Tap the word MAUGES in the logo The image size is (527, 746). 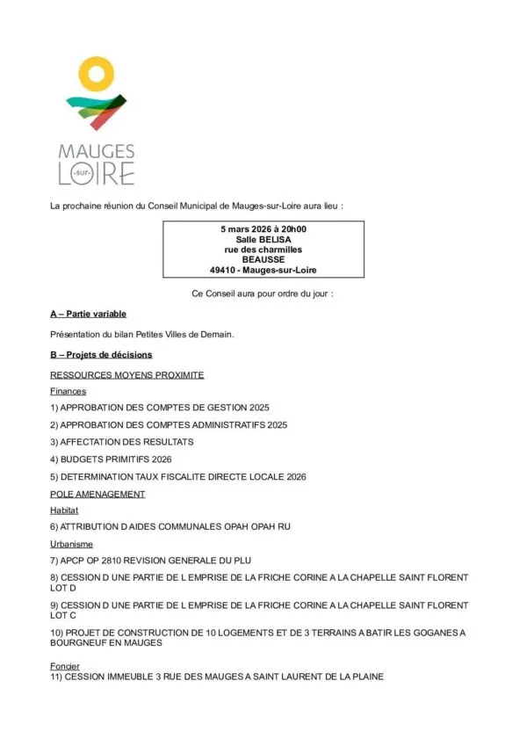[96, 152]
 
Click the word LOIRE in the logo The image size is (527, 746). [96, 173]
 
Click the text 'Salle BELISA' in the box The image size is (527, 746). [263, 239]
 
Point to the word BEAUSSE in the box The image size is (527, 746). [263, 259]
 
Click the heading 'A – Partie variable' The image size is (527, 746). [88, 314]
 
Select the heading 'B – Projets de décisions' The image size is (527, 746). [101, 355]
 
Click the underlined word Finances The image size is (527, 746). [69, 391]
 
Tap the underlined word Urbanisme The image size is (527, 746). [72, 545]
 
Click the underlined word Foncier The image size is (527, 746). [65, 667]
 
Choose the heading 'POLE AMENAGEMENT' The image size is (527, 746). [97, 494]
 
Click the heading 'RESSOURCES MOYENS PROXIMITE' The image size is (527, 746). [127, 375]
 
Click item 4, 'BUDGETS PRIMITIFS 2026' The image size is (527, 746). [111, 459]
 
